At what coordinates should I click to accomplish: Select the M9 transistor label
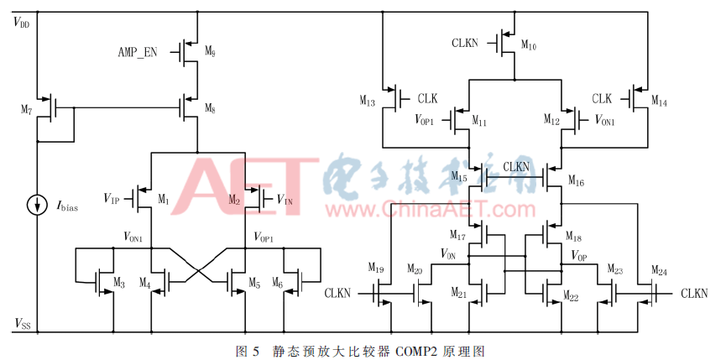(209, 53)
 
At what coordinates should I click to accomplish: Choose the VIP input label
(112, 199)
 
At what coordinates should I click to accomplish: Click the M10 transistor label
(528, 46)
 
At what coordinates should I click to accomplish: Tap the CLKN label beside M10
(466, 41)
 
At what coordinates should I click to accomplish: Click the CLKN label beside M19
(337, 294)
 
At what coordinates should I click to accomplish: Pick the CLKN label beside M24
(693, 294)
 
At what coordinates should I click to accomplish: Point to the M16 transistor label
(576, 180)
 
